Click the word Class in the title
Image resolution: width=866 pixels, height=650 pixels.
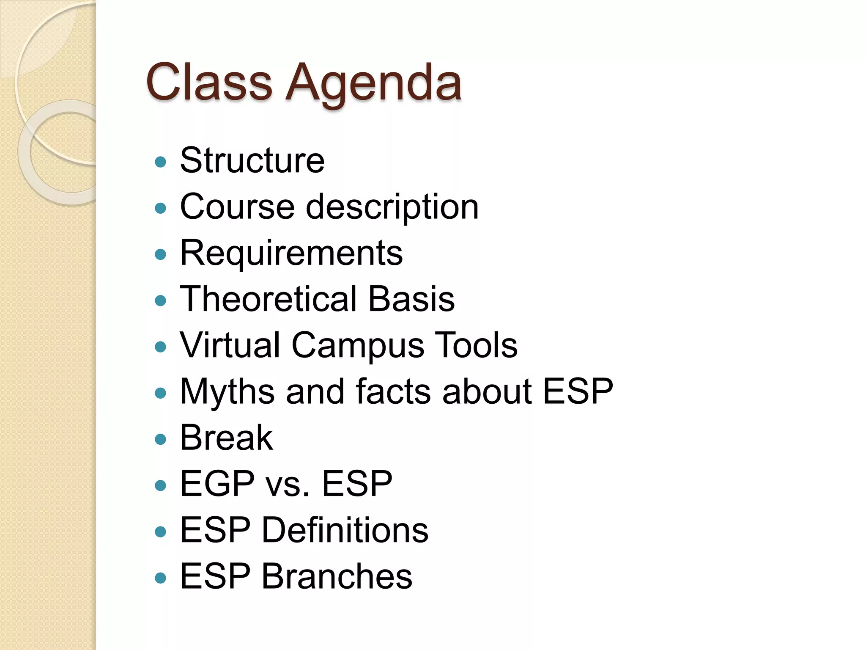tap(209, 82)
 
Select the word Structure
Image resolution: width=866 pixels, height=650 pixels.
tap(252, 160)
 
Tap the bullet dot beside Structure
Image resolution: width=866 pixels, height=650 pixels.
tap(160, 162)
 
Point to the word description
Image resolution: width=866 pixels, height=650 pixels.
tap(392, 207)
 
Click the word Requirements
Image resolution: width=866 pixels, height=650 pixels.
tap(291, 253)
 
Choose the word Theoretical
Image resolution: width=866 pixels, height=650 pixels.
tap(267, 299)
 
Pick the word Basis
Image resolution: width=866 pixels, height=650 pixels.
tap(411, 299)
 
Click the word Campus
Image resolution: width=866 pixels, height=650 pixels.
tap(357, 345)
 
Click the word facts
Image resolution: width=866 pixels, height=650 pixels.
tap(393, 391)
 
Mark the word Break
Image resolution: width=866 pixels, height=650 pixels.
tap(226, 438)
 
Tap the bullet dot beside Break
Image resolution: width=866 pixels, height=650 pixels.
tap(160, 439)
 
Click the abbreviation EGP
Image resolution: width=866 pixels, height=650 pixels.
tap(217, 484)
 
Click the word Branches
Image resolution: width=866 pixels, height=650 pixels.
tap(337, 576)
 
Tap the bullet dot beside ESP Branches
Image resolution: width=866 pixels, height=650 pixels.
tap(160, 578)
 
